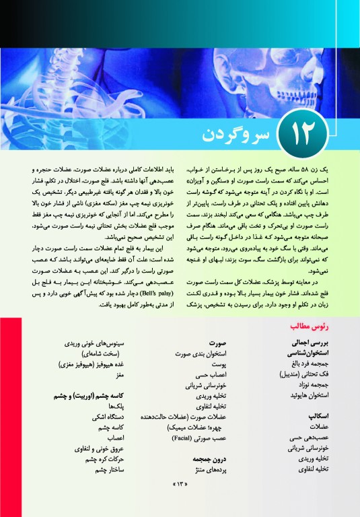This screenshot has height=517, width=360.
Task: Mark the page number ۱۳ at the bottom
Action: [x=180, y=502]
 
